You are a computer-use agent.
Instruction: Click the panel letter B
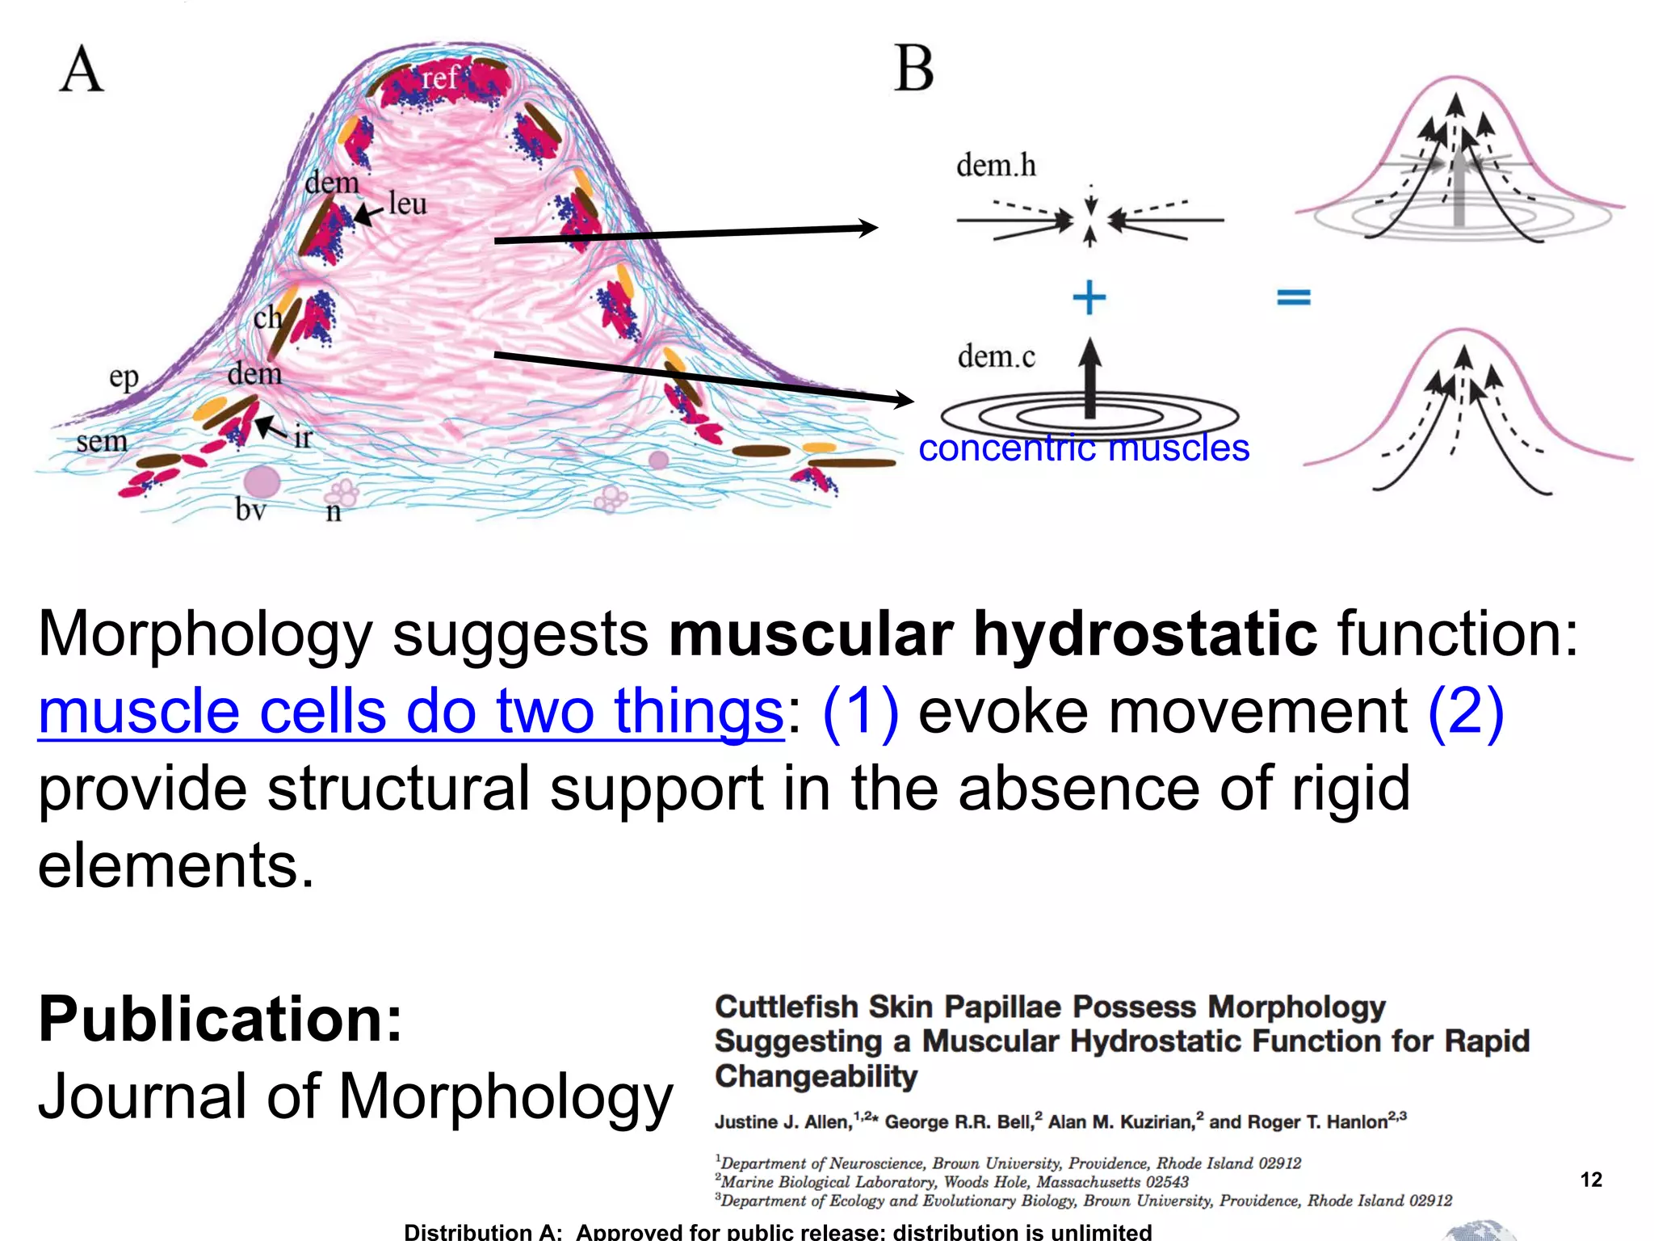tap(914, 69)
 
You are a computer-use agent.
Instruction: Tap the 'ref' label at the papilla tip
tap(439, 78)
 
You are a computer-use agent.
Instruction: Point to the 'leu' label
tap(407, 204)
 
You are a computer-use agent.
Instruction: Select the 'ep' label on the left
tap(124, 377)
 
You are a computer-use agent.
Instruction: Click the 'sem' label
tap(102, 441)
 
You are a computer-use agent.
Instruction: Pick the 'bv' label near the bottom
tap(250, 509)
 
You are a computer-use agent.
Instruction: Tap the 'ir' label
tap(302, 438)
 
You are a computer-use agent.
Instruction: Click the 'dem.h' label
tap(996, 166)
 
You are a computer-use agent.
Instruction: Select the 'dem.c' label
tap(996, 356)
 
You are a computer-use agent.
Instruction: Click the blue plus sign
tap(1089, 297)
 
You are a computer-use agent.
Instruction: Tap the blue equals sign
tap(1293, 298)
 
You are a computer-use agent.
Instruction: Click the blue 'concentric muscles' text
tap(1084, 448)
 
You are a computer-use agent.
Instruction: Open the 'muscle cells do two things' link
tap(410, 712)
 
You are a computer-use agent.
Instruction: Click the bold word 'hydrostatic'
tap(1144, 634)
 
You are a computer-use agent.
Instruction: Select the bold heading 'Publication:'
tap(220, 1020)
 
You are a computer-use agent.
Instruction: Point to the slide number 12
tap(1590, 1180)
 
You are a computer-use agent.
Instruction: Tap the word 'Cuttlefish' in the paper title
tap(786, 1008)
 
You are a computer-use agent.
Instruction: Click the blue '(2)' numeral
tap(1465, 712)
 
